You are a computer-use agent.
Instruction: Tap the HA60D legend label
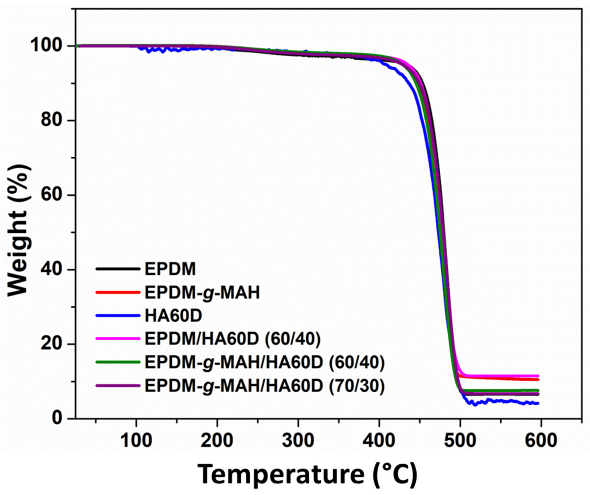point(173,316)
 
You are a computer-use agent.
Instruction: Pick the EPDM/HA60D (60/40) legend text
point(232,339)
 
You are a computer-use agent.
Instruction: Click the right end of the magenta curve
point(538,376)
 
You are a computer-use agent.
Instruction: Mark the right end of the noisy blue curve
point(538,403)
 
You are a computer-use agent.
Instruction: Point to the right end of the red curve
point(538,379)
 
